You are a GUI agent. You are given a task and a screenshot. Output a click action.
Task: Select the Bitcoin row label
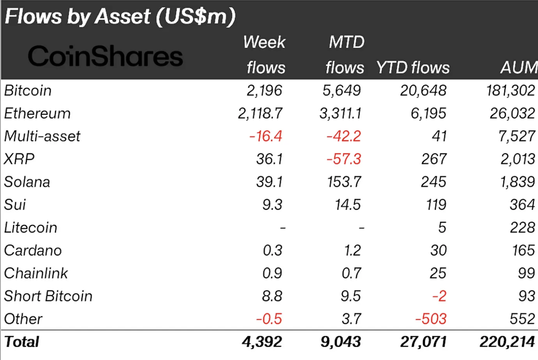(28, 90)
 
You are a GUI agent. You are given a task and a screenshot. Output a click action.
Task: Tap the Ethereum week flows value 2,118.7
(260, 113)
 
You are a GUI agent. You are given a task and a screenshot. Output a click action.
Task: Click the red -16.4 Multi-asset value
(266, 136)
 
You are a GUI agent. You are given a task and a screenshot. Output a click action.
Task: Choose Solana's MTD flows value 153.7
(344, 182)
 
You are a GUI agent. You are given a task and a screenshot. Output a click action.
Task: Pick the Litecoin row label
(31, 228)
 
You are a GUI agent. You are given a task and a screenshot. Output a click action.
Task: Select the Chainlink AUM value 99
(527, 273)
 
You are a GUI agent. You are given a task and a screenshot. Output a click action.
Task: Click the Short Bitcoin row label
(48, 296)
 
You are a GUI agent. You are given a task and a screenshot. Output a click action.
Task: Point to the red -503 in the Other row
(431, 319)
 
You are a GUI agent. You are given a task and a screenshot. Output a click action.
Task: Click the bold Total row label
(22, 342)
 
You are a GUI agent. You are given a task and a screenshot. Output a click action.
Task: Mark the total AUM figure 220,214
(507, 342)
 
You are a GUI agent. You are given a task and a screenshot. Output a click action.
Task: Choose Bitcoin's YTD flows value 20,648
(423, 90)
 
